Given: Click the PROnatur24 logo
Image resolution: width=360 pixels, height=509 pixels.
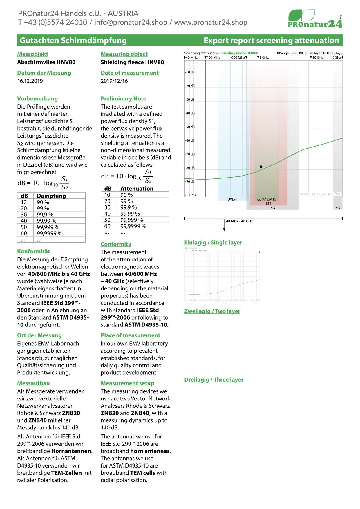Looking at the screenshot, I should tap(315, 19).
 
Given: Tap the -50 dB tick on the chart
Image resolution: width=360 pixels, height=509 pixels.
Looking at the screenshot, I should tap(190, 127).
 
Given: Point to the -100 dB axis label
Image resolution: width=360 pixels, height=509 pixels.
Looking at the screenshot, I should tap(190, 195).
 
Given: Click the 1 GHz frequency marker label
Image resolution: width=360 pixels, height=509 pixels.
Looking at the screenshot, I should tap(263, 57).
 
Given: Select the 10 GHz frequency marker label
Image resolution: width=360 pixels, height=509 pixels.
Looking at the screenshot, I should tap(317, 57).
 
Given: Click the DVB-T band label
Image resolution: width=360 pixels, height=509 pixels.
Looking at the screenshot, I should tap(232, 199).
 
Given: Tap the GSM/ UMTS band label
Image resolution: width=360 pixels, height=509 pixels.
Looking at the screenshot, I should tap(267, 199).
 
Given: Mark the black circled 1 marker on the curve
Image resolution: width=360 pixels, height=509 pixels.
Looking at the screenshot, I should tap(261, 167).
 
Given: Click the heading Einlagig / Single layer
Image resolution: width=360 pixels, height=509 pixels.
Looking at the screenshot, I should tap(213, 243).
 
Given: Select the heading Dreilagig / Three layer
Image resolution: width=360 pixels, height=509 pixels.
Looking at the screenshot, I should tap(214, 380).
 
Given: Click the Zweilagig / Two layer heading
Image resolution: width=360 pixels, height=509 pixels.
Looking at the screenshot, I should tap(212, 311).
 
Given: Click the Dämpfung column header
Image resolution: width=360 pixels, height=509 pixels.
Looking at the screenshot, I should tap(51, 196).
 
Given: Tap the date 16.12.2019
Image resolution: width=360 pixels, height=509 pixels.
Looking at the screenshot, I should tap(30, 81).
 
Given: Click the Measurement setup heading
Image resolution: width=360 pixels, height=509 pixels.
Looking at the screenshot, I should tap(127, 383).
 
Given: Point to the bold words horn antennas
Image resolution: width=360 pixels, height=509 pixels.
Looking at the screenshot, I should tap(150, 451).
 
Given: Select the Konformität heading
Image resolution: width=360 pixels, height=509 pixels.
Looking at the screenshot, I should tap(33, 251).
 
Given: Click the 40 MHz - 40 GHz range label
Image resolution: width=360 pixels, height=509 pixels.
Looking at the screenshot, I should tap(239, 221).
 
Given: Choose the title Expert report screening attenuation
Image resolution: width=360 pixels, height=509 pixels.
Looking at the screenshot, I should tap(271, 40).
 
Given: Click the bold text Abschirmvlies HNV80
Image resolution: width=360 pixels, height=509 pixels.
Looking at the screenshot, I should tap(46, 62).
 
